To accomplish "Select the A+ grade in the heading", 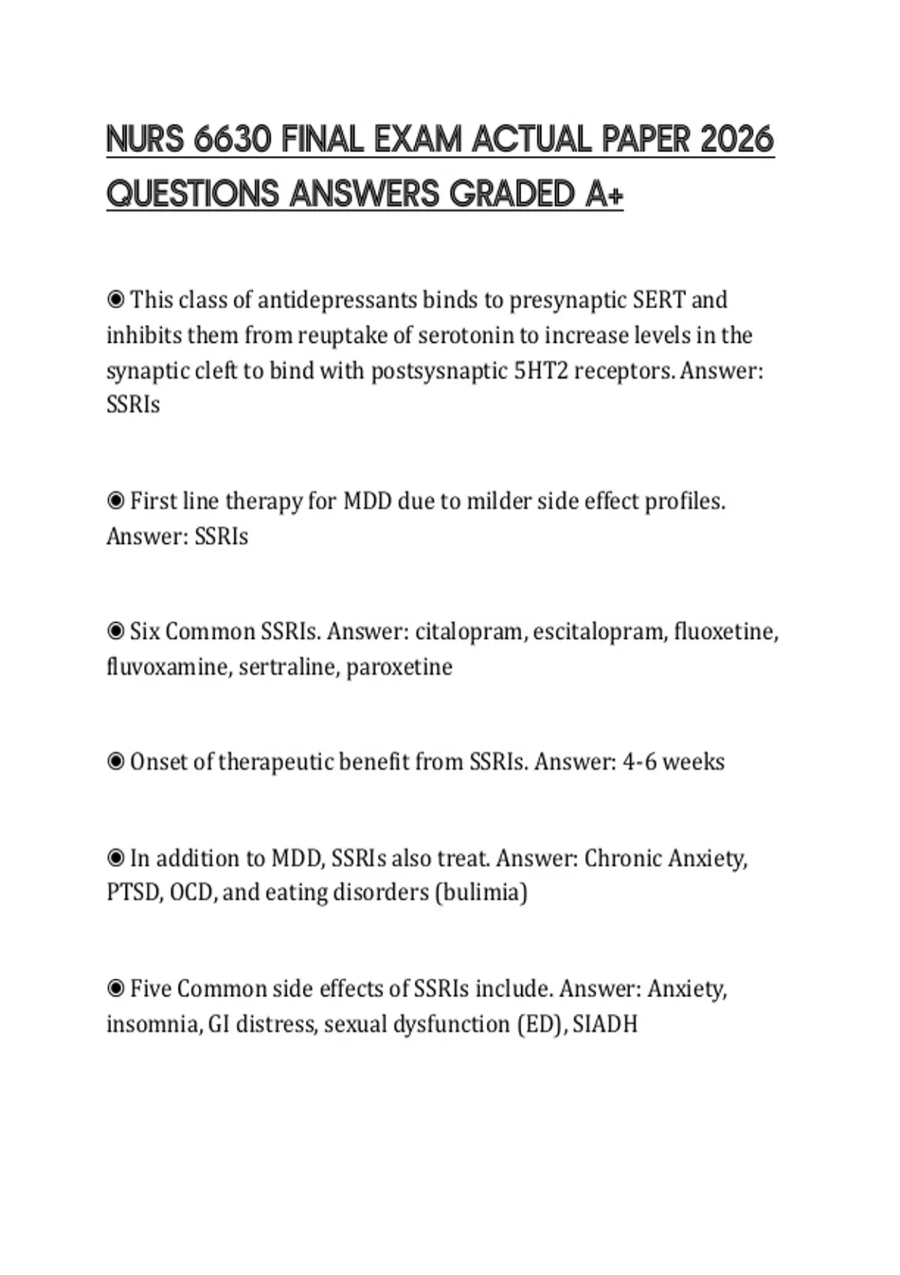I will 604,194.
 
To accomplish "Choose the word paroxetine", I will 399,667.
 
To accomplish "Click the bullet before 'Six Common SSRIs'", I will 115,631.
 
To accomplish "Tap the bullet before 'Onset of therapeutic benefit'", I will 115,762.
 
